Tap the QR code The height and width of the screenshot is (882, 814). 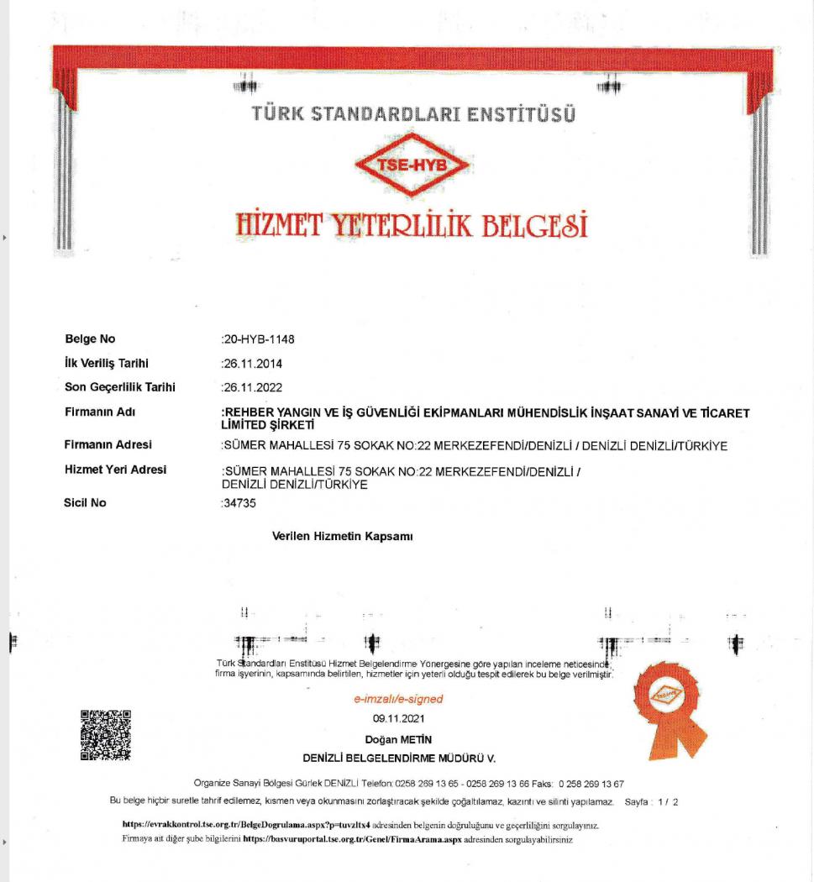pyautogui.click(x=106, y=735)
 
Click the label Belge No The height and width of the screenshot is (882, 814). pyautogui.click(x=90, y=339)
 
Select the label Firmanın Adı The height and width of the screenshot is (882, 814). pyautogui.click(x=100, y=412)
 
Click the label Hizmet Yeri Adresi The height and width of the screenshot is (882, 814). pyautogui.click(x=115, y=469)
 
